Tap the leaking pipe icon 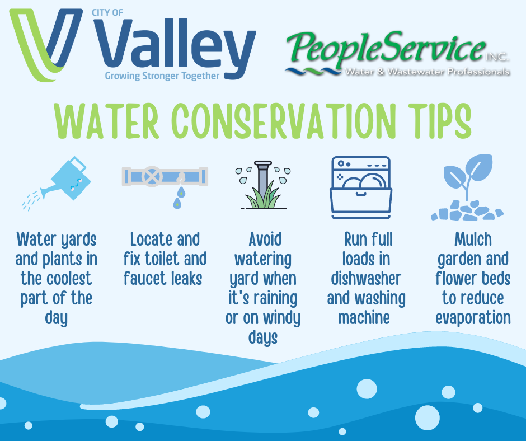coord(165,186)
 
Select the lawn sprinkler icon coord(262,185)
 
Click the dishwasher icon coord(361,187)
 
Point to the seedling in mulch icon coord(467,187)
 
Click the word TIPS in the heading coord(440,121)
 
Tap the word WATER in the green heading coord(106,121)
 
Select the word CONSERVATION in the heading coord(284,121)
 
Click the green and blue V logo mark coord(46,45)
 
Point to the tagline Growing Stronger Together coord(162,76)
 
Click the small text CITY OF coord(107,13)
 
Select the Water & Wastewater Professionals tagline coord(428,72)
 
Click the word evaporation coord(473,318)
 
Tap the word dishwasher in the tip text coord(366,279)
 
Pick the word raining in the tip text coord(275,299)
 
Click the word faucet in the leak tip coord(145,279)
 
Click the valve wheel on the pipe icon coord(152,176)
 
